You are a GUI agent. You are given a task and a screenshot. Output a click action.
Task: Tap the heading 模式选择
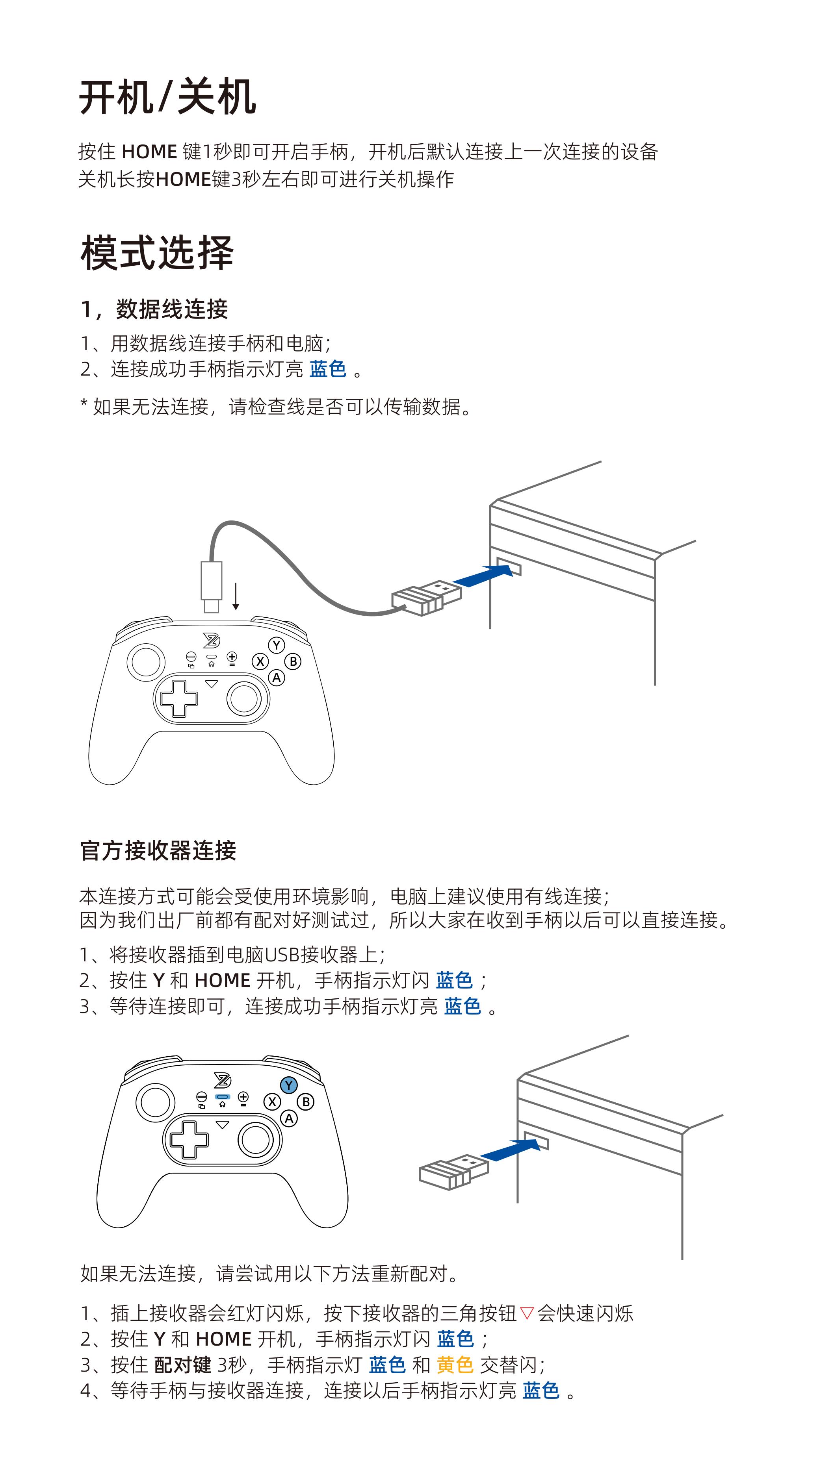[157, 253]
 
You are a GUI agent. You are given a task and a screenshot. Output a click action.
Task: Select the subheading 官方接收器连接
[158, 850]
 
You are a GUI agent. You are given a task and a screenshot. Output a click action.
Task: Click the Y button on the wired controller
[277, 645]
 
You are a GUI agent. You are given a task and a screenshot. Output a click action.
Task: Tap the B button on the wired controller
[293, 661]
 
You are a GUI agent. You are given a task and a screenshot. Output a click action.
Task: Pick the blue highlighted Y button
[289, 1085]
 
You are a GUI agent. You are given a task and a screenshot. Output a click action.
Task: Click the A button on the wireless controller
[289, 1118]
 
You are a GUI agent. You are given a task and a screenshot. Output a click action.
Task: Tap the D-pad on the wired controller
[179, 699]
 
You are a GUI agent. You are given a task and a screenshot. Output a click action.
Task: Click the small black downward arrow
[236, 596]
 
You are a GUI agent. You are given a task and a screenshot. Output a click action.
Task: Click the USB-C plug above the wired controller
[211, 586]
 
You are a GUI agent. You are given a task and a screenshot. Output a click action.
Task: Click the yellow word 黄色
[454, 1365]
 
